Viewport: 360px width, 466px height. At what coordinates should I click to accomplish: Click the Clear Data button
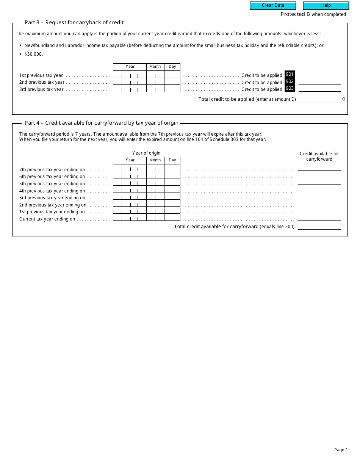coord(273,6)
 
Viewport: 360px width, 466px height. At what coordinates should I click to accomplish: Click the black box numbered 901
coord(290,75)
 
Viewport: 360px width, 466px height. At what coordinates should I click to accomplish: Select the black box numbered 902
coord(290,81)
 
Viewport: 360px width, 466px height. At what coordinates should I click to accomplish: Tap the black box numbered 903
coord(290,89)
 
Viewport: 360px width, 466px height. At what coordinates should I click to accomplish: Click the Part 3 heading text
coord(74,22)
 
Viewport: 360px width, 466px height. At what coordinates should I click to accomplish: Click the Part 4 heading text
coord(102,123)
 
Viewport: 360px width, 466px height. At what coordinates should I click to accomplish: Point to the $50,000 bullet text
coord(34,54)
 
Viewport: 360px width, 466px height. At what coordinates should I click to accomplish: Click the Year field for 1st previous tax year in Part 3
coord(130,75)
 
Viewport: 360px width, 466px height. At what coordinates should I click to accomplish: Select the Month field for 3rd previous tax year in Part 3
coord(155,89)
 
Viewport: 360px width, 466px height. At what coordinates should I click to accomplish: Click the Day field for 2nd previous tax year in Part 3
coord(172,82)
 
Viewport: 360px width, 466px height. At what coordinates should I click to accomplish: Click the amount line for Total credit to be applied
coord(319,100)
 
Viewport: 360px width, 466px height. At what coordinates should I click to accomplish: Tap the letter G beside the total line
coord(344,99)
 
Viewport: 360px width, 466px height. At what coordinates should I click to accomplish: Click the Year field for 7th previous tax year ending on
coord(130,169)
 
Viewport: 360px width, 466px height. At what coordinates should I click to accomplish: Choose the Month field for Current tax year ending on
coord(155,219)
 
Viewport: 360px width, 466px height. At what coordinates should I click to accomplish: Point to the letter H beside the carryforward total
coord(344,226)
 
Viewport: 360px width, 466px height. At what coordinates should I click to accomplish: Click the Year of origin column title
coord(146,153)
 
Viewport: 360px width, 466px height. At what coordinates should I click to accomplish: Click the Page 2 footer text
coord(341,450)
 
